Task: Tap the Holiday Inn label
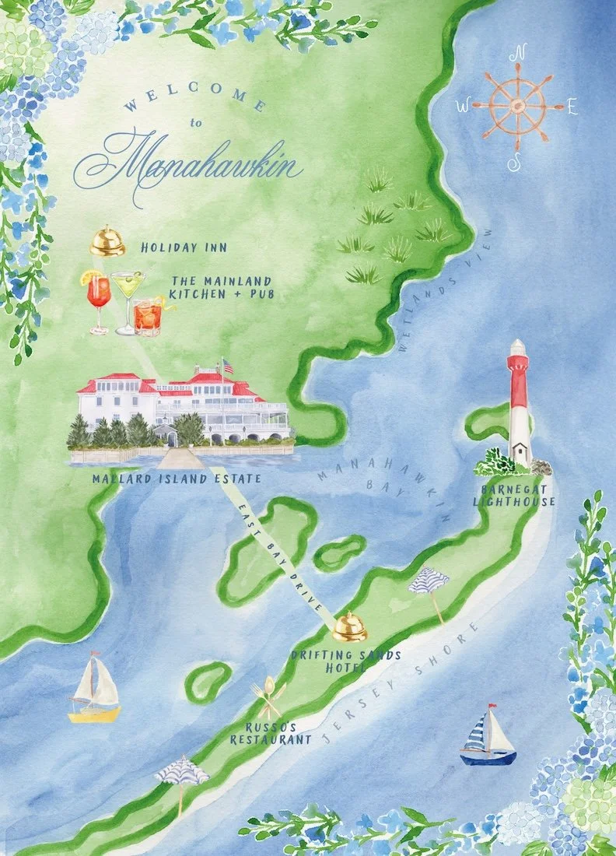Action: point(185,248)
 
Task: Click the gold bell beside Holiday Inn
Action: point(107,242)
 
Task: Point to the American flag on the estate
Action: point(227,366)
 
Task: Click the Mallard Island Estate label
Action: point(177,479)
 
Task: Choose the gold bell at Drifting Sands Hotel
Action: point(350,626)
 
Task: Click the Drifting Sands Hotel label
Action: point(346,661)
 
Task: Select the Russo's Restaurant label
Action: point(271,733)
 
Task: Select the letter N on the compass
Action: point(517,55)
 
